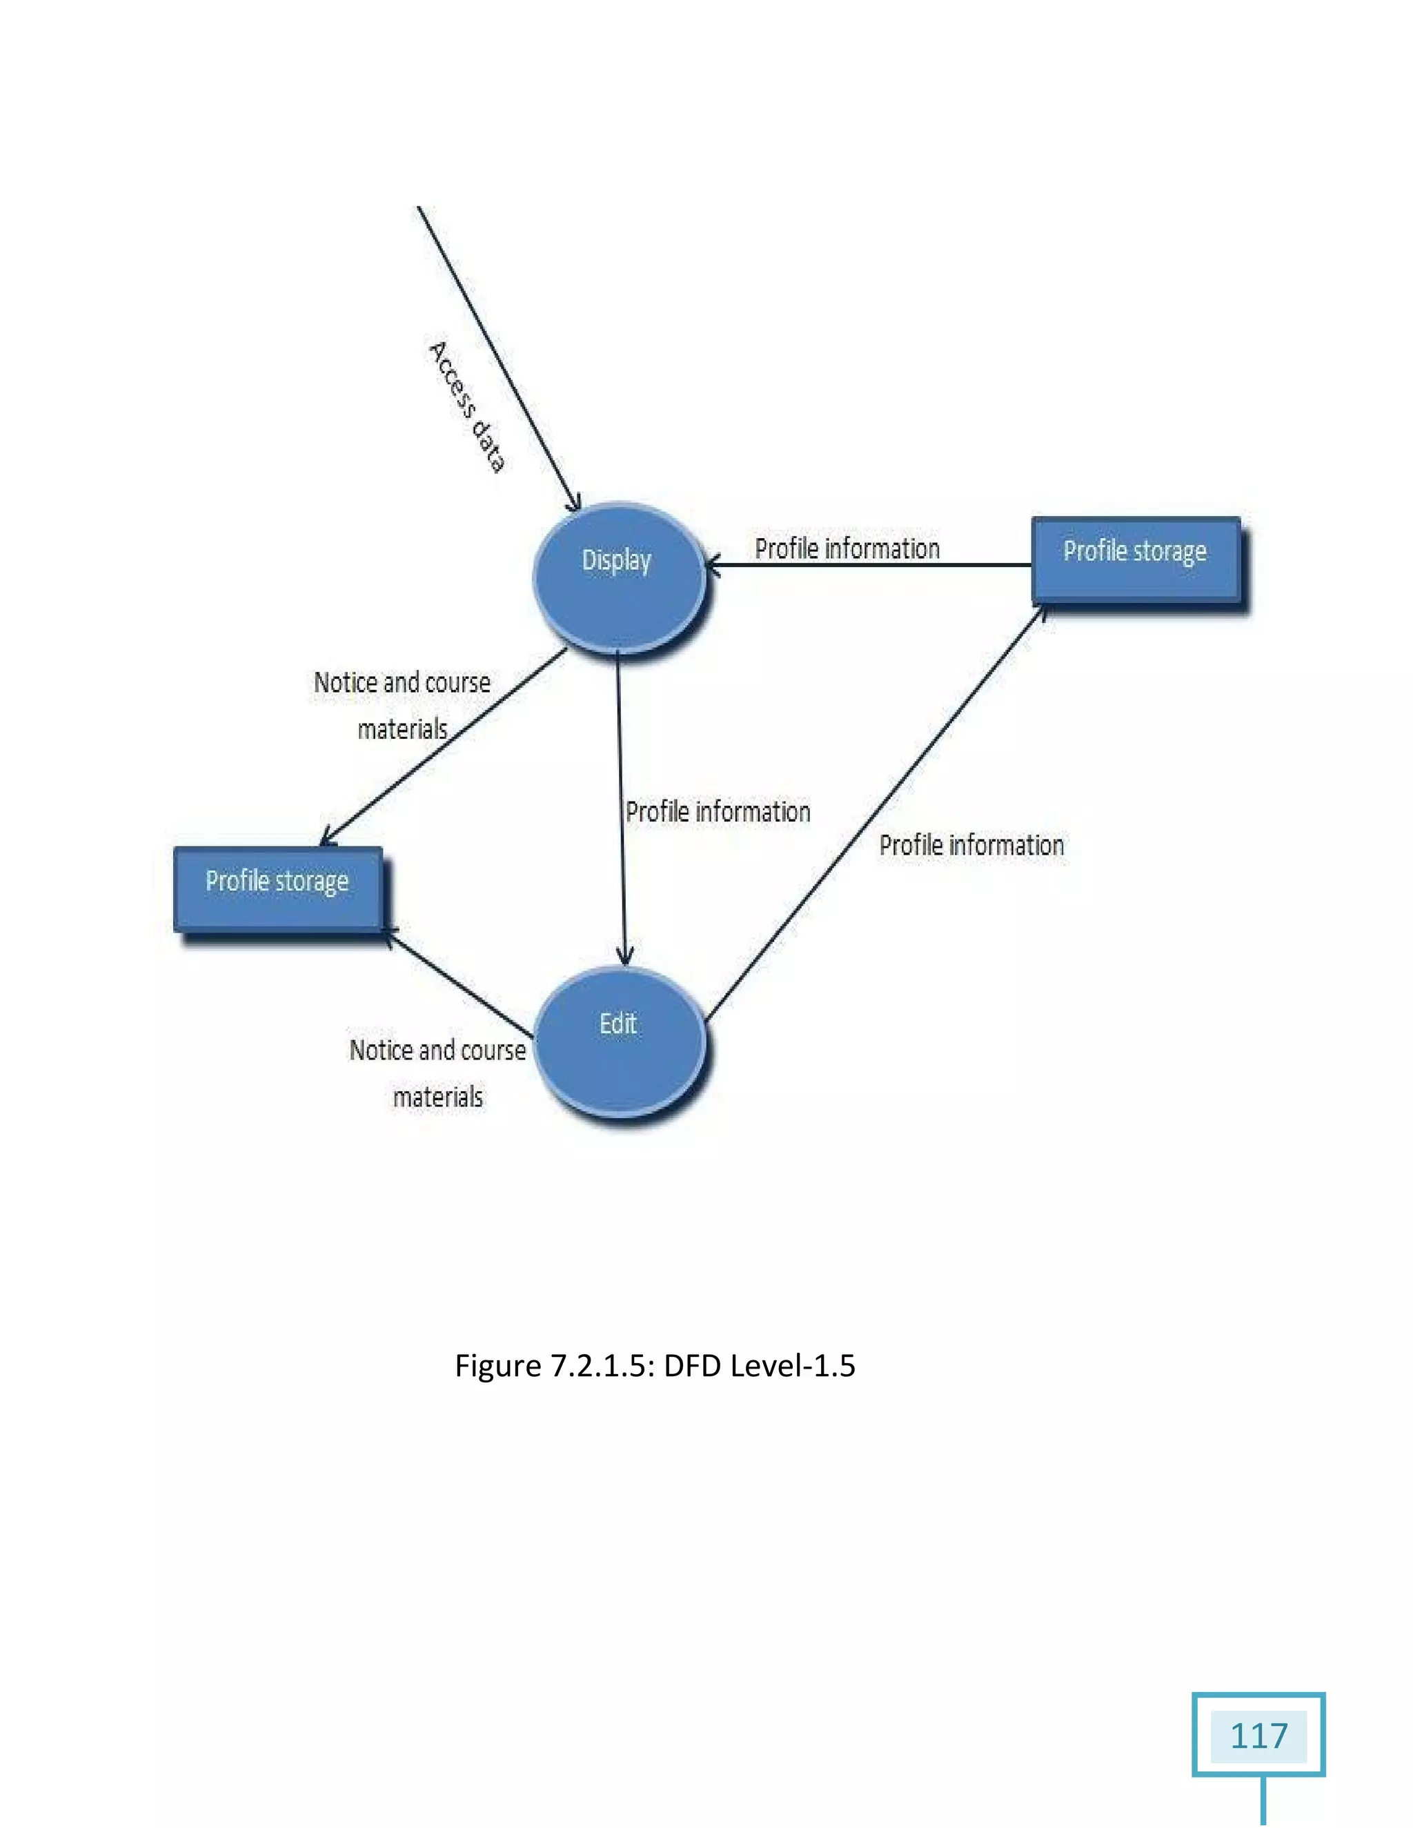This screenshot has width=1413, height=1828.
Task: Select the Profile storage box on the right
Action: pos(1136,559)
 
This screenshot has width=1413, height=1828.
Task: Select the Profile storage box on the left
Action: pos(278,889)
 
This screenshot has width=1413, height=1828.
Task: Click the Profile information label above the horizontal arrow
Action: pos(847,549)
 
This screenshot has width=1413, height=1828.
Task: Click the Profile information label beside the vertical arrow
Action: pos(718,812)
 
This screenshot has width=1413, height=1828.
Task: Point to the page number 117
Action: pos(1258,1736)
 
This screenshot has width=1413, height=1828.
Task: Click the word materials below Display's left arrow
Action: pos(403,730)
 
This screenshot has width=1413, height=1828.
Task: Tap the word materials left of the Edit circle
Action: pos(438,1097)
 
